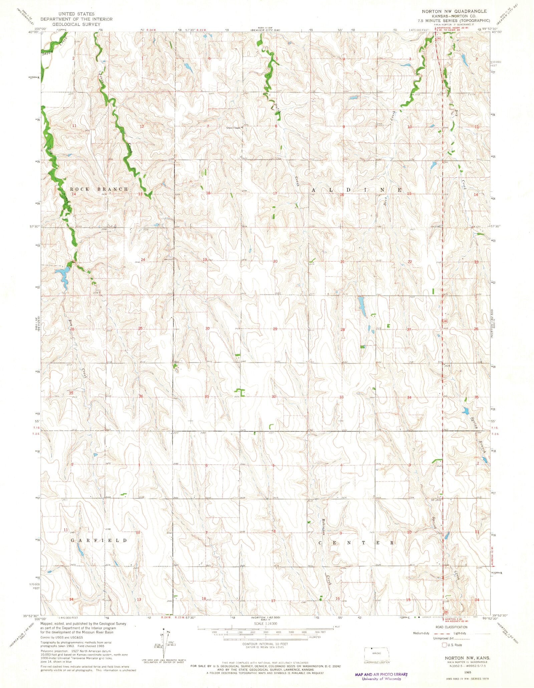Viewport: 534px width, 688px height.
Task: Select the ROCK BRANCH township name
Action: [x=99, y=189]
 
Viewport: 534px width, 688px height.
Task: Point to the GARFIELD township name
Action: [x=99, y=540]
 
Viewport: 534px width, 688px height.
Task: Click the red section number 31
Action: [x=207, y=397]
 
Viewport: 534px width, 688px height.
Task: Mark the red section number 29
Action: [x=275, y=329]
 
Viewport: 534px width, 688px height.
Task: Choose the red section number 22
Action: [x=410, y=262]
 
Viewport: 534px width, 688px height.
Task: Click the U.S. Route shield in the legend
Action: [x=444, y=645]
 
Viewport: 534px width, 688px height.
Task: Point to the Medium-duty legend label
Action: [x=421, y=633]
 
